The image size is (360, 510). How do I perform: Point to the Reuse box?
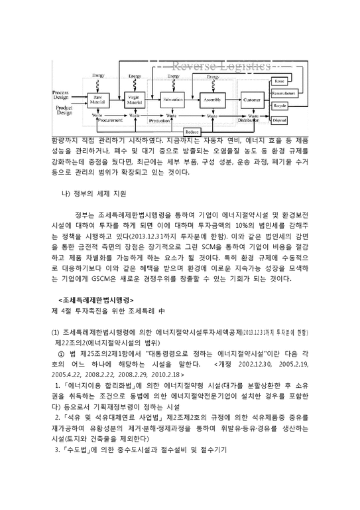[298, 80]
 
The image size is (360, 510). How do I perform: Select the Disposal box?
[298, 120]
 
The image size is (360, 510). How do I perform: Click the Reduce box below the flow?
[192, 131]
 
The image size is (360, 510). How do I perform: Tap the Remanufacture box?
[298, 93]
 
